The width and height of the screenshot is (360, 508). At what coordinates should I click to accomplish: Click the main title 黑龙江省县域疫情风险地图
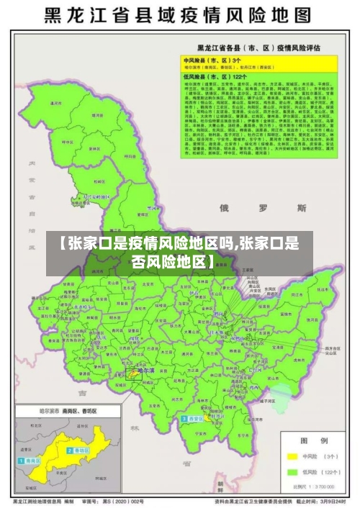coord(179,15)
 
